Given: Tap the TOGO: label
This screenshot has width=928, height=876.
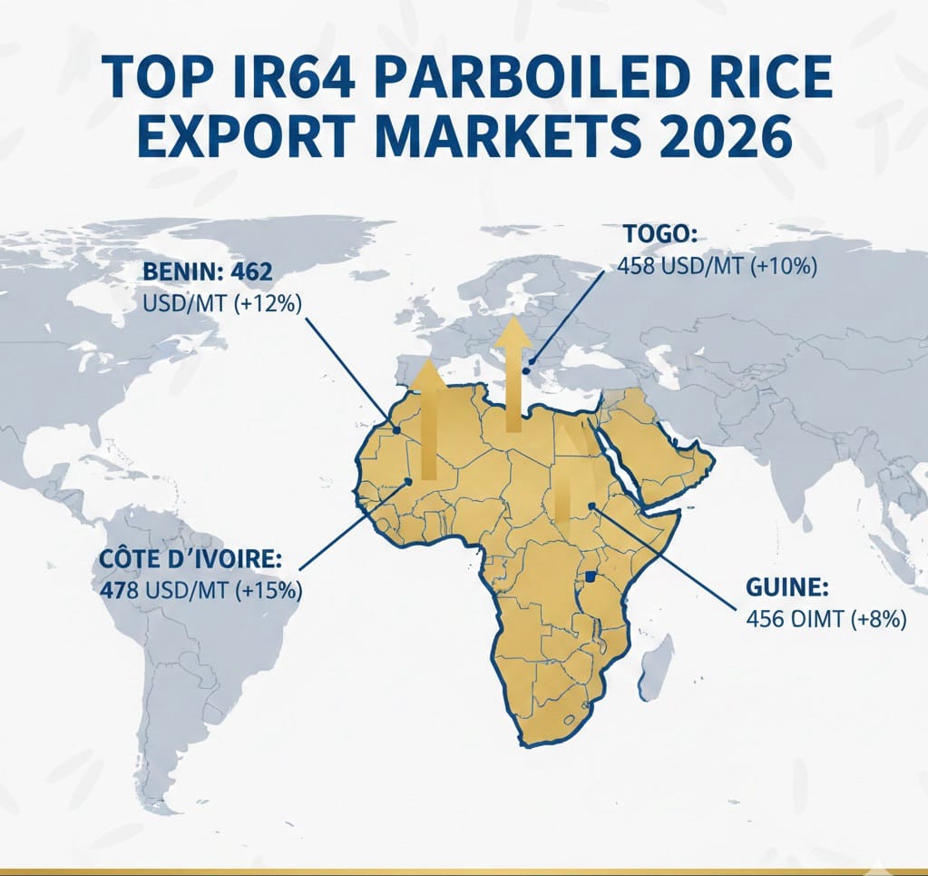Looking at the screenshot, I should (x=660, y=234).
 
